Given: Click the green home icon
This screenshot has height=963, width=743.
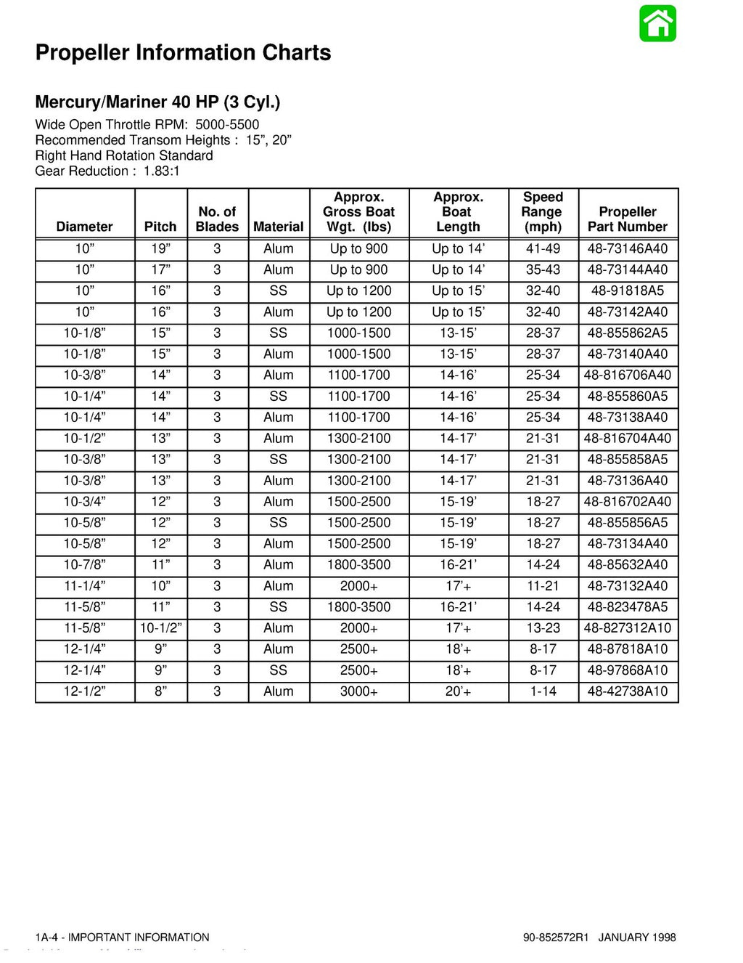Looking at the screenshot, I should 657,23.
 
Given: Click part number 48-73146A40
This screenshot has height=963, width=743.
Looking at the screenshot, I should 628,248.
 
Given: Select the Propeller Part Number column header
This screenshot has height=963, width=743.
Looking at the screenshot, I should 628,219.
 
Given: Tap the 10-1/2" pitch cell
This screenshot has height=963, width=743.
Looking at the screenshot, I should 160,628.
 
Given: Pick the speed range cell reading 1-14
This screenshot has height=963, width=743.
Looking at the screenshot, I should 543,691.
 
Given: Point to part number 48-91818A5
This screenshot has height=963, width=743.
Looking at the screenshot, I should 628,290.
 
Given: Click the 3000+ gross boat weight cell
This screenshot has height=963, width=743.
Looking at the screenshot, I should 359,691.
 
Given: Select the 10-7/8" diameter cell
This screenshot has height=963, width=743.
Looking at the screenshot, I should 84,565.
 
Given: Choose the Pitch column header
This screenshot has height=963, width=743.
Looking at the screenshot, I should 160,227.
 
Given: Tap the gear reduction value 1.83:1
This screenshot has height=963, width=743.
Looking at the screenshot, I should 161,171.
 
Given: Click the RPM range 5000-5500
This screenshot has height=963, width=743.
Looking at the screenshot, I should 227,125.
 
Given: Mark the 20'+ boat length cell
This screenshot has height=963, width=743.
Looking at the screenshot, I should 458,691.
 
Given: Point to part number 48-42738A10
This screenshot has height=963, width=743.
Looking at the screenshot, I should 628,691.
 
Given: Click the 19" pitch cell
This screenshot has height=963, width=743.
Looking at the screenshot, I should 160,248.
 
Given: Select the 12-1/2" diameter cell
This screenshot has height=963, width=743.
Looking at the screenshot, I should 84,691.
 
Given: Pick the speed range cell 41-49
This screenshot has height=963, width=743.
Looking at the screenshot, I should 543,248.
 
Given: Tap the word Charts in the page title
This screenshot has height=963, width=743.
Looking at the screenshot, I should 296,52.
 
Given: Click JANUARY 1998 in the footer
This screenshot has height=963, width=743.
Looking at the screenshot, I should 637,938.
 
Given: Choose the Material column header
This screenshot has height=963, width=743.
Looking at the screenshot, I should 279,227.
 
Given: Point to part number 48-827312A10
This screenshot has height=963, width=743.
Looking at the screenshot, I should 628,628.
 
